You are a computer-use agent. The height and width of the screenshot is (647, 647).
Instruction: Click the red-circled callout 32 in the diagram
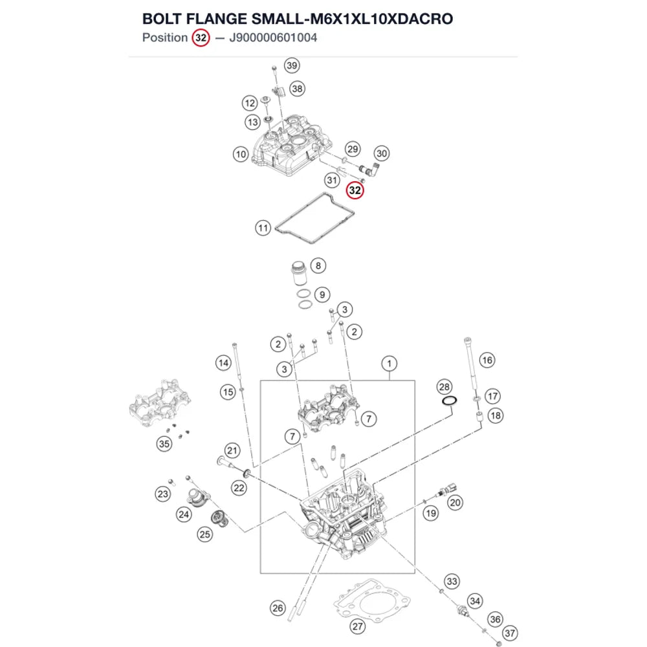pos(355,190)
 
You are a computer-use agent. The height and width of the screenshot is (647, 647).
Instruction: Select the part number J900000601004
pos(273,38)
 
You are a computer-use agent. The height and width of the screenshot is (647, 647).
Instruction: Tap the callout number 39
pos(292,65)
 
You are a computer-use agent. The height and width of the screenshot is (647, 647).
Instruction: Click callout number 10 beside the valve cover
pos(241,155)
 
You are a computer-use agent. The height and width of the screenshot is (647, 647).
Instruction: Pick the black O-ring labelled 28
pos(450,400)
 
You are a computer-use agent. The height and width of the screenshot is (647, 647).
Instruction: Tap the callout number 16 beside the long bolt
pos(487,360)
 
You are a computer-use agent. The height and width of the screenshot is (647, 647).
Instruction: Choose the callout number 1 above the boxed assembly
pos(389,364)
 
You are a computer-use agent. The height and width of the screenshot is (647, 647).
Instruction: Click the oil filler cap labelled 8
pos(299,272)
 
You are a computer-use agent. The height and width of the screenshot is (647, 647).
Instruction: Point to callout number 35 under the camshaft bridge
pos(164,444)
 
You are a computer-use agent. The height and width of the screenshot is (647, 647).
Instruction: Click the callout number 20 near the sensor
pos(455,503)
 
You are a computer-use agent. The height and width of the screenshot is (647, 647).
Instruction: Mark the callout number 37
pos(510,633)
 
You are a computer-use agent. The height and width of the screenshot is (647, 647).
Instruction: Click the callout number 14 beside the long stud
pos(223,363)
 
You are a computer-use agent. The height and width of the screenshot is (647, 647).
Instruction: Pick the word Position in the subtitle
pos(165,38)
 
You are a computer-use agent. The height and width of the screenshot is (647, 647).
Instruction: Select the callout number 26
pos(278,608)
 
